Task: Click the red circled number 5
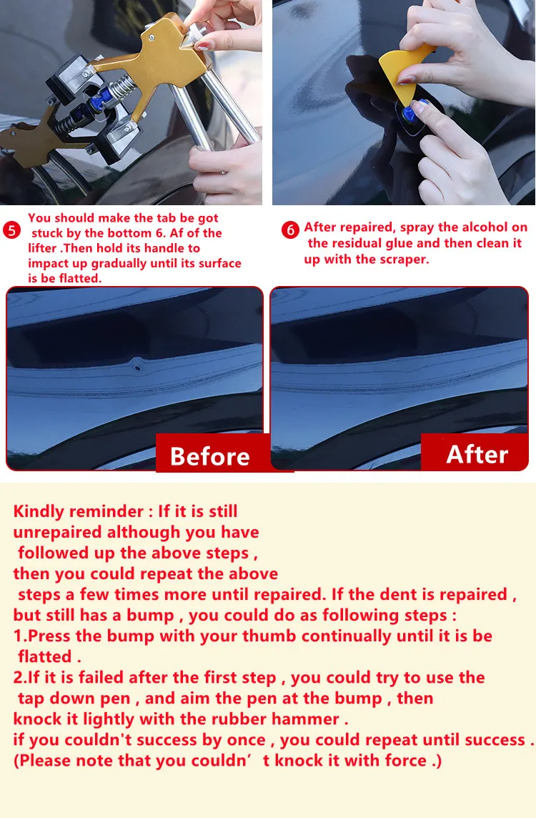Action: point(11,230)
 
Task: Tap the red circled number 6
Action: point(290,230)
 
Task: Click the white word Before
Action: point(209,456)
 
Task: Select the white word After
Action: point(477,454)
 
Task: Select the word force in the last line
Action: point(405,760)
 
